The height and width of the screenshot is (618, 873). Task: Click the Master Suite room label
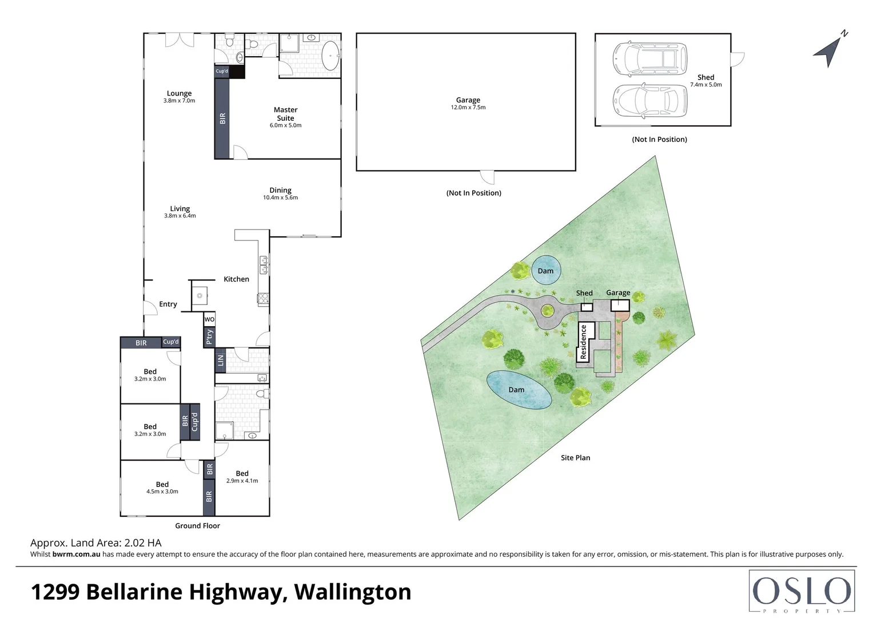click(285, 114)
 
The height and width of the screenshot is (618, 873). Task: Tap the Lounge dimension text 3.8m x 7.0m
click(179, 101)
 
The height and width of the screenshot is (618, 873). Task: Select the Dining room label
click(280, 190)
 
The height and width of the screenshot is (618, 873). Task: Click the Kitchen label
click(236, 279)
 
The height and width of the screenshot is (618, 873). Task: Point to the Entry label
click(168, 304)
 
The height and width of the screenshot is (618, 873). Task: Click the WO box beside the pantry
click(209, 319)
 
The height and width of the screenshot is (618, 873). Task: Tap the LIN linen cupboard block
click(220, 360)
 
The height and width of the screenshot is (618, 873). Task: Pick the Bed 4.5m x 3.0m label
click(162, 488)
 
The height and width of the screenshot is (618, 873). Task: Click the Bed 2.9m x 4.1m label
click(242, 477)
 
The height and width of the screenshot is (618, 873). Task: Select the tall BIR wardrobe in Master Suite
click(222, 118)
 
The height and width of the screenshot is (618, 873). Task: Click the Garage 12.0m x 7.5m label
click(468, 103)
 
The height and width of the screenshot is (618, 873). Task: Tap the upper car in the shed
click(649, 58)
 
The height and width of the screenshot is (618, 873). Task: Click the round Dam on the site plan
click(546, 270)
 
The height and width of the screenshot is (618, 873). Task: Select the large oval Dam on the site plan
click(519, 390)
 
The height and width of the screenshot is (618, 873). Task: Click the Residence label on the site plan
click(584, 342)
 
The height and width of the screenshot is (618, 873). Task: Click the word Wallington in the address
click(353, 592)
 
